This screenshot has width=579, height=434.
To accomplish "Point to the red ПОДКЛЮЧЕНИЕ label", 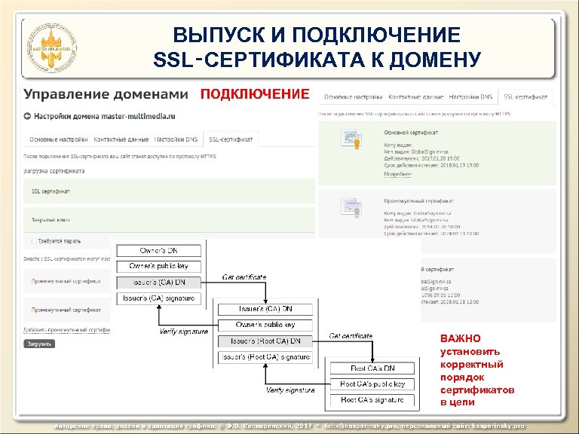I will [x=254, y=94].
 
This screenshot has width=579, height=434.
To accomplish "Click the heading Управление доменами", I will [x=106, y=94].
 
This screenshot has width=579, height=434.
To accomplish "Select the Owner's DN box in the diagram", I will [x=158, y=250].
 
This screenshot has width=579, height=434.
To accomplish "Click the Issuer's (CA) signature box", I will [x=158, y=298].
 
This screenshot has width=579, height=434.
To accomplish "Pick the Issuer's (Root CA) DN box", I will [x=265, y=341].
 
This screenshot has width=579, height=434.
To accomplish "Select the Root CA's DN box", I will [x=372, y=368].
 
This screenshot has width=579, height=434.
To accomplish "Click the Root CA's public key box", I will [x=372, y=384].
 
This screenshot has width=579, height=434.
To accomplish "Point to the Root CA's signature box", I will [x=372, y=400].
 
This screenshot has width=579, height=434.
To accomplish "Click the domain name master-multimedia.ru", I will [x=135, y=117].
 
